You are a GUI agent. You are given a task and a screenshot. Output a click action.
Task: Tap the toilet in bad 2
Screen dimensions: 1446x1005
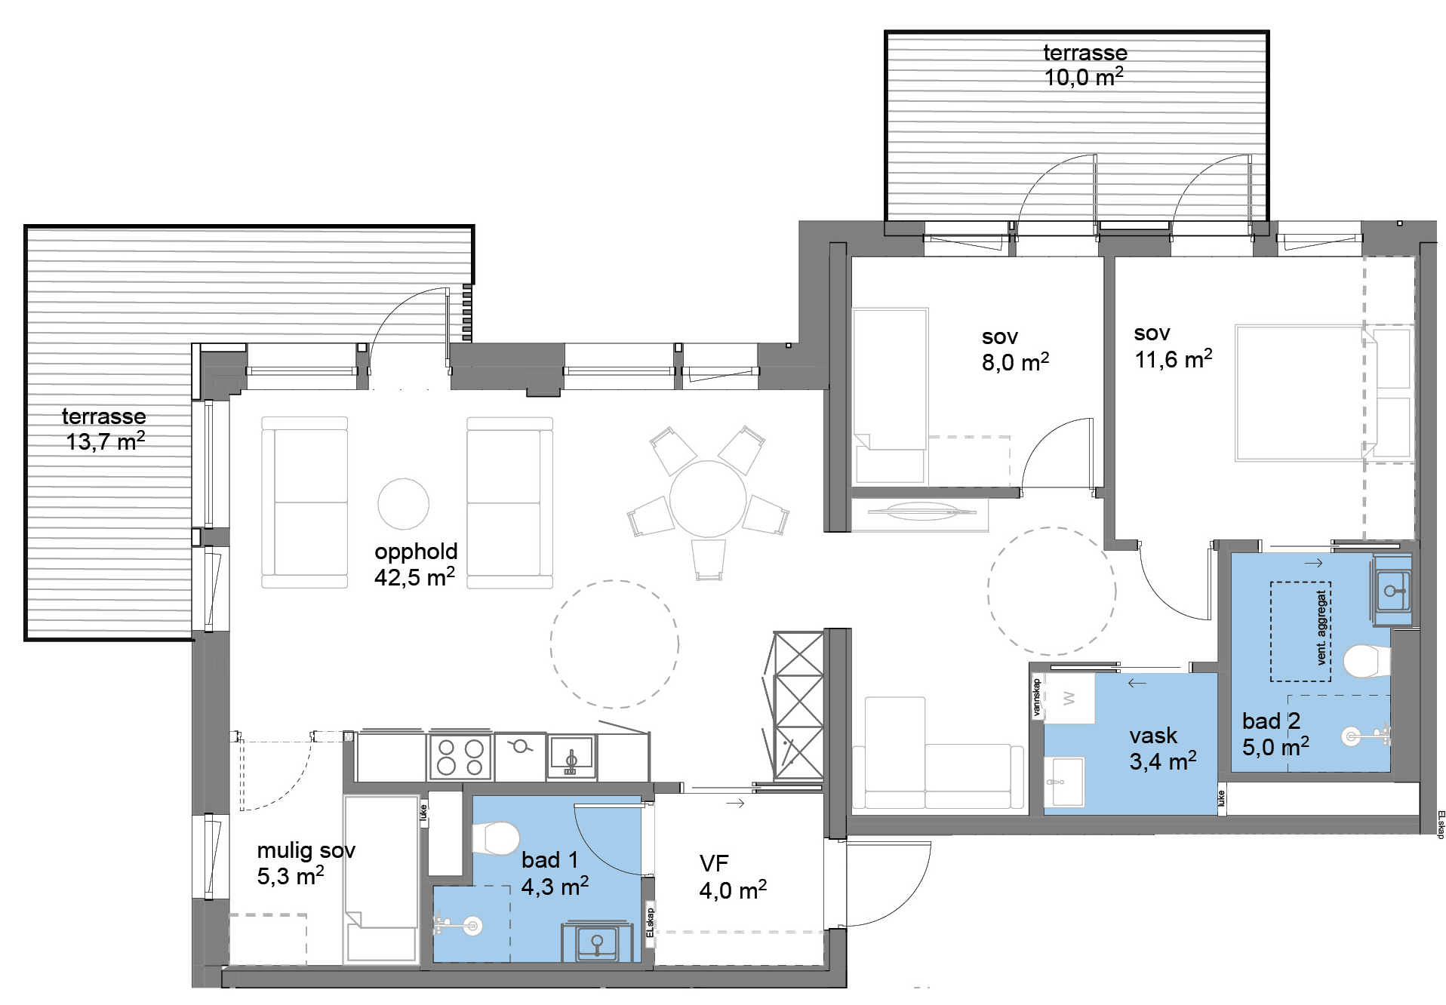pos(1367,662)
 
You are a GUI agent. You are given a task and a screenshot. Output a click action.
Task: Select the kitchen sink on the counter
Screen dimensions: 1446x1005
pos(571,757)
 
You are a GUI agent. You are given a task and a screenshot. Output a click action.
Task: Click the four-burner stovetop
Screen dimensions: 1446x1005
pos(460,757)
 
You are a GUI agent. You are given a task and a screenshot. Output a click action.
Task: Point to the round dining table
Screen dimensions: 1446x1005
pos(708,499)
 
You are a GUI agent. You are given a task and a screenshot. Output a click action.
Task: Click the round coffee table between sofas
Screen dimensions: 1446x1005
pos(404,504)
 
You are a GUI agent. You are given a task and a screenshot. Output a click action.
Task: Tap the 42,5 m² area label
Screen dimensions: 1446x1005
pos(414,577)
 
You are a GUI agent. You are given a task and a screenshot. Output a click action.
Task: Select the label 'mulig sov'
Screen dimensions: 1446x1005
pos(306,850)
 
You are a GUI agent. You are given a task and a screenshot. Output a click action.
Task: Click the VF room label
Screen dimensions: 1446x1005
pos(714,863)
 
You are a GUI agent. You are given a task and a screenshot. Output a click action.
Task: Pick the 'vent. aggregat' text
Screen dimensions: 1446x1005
pos(1321,628)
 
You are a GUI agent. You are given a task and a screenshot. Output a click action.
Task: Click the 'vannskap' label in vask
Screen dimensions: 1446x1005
pos(1037,697)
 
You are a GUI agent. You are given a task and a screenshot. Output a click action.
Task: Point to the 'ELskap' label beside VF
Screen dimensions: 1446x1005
pos(650,922)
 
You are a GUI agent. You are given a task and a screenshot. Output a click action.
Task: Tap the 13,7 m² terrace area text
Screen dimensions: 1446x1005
pos(105,441)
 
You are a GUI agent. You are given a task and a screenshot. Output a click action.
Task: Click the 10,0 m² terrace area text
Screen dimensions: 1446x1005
pos(1084,77)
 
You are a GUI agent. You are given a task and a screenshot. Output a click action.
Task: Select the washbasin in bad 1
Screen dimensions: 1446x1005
pos(597,942)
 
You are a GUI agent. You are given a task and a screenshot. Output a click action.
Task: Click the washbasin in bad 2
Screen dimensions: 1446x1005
pos(1392,591)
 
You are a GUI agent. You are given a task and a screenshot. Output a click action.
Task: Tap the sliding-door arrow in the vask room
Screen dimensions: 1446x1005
pos(1137,683)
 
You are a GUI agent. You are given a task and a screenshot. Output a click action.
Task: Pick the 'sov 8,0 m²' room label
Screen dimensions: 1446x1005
pos(1015,349)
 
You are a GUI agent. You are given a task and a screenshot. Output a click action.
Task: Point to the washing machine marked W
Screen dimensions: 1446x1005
pos(1069,699)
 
